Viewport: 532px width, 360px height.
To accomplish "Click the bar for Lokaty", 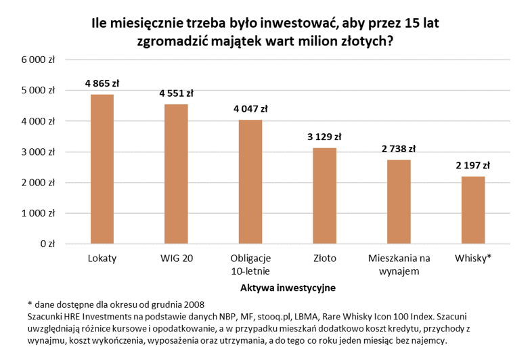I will pos(102,169).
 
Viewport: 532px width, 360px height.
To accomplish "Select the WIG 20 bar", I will pos(176,174).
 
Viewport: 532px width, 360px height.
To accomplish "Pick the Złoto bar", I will pos(324,196).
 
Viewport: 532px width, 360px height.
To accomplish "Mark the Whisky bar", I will pos(472,210).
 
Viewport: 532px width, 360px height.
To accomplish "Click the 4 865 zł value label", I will pos(102,84).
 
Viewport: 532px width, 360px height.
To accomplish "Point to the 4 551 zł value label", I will pos(176,93).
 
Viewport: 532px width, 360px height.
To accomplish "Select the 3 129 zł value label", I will pos(324,137).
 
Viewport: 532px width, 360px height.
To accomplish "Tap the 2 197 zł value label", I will pos(472,166).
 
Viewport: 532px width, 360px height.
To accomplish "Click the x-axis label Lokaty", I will pos(102,259).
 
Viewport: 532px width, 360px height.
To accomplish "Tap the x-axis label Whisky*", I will pos(472,259).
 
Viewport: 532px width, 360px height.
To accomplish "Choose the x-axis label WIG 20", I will pos(176,259).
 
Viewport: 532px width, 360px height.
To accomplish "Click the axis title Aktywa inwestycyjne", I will pos(288,288).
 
